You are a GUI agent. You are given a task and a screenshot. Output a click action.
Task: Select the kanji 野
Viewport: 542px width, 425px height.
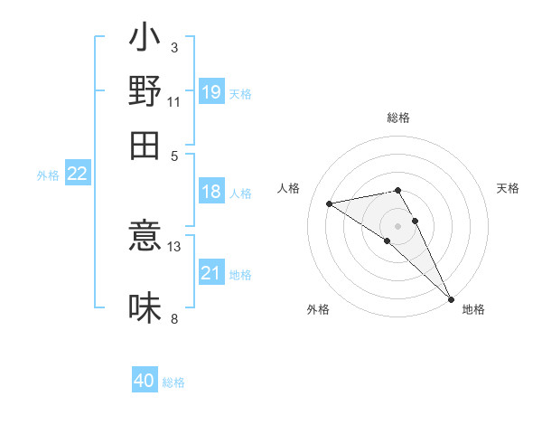pyautogui.click(x=145, y=90)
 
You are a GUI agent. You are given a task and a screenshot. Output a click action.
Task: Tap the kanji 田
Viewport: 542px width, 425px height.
pyautogui.click(x=145, y=144)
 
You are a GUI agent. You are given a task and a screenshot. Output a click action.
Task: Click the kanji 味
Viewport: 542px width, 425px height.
pyautogui.click(x=145, y=308)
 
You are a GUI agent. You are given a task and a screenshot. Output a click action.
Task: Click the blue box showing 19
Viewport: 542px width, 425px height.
pyautogui.click(x=211, y=91)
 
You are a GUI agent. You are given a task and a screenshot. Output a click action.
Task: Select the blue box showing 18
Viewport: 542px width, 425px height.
pyautogui.click(x=211, y=192)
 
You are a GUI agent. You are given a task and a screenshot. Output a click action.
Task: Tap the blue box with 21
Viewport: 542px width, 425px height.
pyautogui.click(x=211, y=273)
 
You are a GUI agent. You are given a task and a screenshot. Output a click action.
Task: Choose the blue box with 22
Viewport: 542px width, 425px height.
pyautogui.click(x=77, y=175)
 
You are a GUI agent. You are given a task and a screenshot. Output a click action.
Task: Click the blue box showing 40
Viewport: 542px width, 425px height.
pyautogui.click(x=145, y=381)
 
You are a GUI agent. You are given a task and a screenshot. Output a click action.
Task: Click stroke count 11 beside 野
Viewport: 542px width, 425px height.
pyautogui.click(x=174, y=102)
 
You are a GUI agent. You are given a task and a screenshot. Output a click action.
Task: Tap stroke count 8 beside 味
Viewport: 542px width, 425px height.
pyautogui.click(x=174, y=317)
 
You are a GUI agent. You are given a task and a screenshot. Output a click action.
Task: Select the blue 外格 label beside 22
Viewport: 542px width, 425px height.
pyautogui.click(x=48, y=175)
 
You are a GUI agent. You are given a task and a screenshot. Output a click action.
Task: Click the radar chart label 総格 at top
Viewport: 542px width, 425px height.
pyautogui.click(x=398, y=118)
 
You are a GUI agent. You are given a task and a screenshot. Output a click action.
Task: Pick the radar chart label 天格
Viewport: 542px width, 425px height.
pyautogui.click(x=508, y=188)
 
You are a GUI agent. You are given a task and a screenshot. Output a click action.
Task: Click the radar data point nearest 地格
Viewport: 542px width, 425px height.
pyautogui.click(x=451, y=298)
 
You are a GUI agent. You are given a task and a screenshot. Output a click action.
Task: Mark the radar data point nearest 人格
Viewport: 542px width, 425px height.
pyautogui.click(x=330, y=203)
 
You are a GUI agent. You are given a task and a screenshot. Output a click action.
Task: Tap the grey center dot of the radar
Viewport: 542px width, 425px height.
pyautogui.click(x=398, y=225)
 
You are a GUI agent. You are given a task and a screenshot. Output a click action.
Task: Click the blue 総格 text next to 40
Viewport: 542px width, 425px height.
pyautogui.click(x=173, y=382)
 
